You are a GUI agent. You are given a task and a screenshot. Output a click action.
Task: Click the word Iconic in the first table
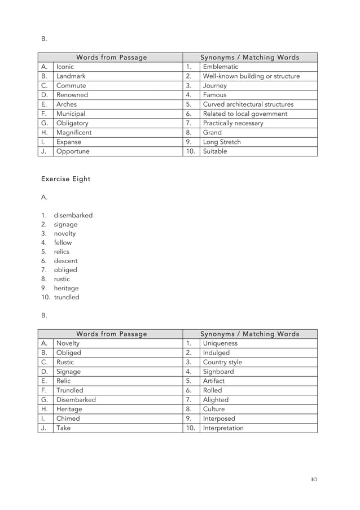(x=65, y=67)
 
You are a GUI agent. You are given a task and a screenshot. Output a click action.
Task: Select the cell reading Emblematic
(x=221, y=67)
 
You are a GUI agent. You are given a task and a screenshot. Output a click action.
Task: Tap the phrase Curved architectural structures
(x=248, y=104)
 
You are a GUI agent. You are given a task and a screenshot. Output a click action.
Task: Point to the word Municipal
(x=71, y=114)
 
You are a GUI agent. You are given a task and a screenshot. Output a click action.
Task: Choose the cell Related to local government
(x=245, y=114)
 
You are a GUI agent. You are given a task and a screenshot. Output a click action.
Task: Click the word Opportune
(x=73, y=151)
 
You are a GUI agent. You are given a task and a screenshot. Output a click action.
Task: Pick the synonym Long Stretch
(x=222, y=142)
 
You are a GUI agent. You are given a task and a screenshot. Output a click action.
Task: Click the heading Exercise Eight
(x=65, y=179)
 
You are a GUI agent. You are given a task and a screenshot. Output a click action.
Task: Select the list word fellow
(x=63, y=243)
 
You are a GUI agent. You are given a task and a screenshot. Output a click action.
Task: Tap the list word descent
(x=66, y=261)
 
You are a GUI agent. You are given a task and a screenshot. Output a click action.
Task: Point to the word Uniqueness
(x=220, y=343)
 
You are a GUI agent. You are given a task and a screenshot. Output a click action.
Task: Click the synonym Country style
(x=222, y=362)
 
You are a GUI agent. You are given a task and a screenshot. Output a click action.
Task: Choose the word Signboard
(x=219, y=372)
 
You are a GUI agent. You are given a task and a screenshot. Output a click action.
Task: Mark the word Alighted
(x=216, y=400)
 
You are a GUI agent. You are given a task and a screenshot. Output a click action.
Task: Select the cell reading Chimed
(x=68, y=419)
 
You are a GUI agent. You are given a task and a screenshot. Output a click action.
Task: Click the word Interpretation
(x=223, y=428)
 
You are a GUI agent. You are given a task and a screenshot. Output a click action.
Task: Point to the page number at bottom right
(x=314, y=480)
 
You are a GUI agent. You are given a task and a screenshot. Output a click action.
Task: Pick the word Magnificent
(x=74, y=133)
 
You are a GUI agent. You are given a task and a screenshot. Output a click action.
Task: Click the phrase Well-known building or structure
(x=251, y=76)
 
